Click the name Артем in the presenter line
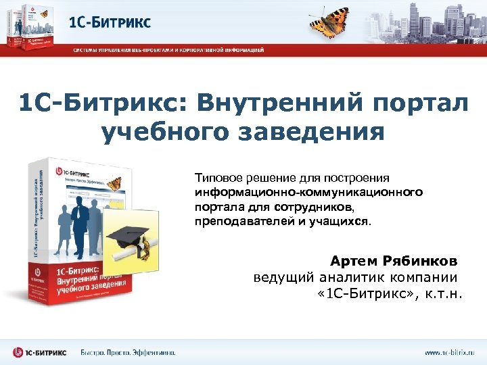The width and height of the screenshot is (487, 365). point(354,261)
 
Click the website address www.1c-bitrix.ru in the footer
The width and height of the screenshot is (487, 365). point(450,352)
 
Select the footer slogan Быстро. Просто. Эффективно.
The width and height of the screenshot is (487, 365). point(128,352)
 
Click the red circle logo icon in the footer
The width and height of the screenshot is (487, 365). point(20,352)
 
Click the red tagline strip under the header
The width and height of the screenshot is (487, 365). point(169,49)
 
